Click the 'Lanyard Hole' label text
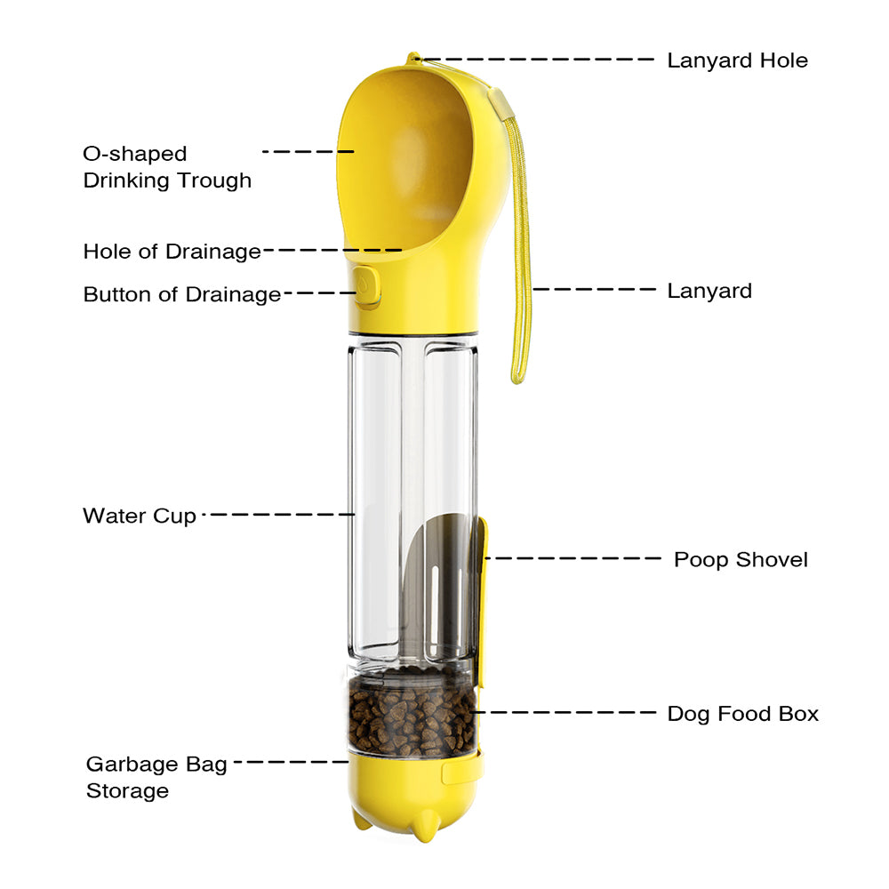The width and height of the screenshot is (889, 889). click(737, 60)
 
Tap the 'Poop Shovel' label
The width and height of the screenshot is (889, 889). click(741, 559)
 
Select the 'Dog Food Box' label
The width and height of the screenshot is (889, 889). click(742, 713)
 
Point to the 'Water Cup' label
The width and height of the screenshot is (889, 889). click(140, 516)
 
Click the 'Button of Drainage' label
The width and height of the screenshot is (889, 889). click(181, 294)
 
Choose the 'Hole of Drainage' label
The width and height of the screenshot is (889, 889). click(172, 252)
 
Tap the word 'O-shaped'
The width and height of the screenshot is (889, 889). click(135, 154)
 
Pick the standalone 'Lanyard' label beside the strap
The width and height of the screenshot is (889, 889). click(709, 291)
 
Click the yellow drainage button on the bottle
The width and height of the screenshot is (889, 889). click(366, 288)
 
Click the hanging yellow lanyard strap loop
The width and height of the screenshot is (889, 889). click(520, 267)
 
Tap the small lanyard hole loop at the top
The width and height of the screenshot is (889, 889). click(412, 60)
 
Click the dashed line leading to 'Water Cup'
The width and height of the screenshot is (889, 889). click(279, 514)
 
